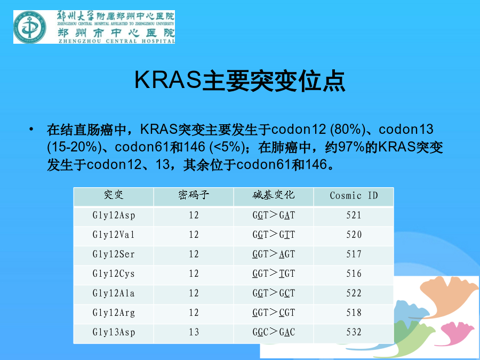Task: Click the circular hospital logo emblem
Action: point(30,27)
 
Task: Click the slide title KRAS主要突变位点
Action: point(240,81)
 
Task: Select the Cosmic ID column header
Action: point(354,196)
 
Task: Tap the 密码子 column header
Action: point(194,195)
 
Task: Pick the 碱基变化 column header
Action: point(274,195)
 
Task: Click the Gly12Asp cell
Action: point(114,215)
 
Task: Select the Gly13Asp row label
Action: point(114,332)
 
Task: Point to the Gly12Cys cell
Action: point(114,274)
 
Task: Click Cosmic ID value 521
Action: point(354,215)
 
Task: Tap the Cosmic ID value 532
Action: point(354,332)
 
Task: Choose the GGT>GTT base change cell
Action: point(274,235)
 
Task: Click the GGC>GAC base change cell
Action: point(274,332)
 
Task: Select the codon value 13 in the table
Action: point(194,332)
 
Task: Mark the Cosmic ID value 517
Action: point(354,254)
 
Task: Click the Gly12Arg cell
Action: point(114,313)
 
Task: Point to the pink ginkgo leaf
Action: point(458,333)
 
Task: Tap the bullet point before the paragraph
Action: point(31,129)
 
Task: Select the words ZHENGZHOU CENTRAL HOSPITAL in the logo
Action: point(117,41)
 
